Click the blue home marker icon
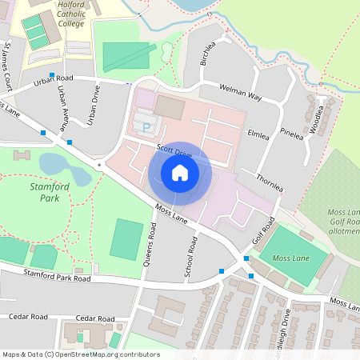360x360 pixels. click(x=180, y=173)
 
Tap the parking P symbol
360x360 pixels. click(x=146, y=126)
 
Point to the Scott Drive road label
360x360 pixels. click(x=174, y=152)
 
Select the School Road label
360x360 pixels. click(x=190, y=257)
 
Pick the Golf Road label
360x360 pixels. click(x=263, y=231)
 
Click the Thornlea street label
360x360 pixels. click(x=270, y=183)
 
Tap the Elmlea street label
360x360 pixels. click(x=259, y=134)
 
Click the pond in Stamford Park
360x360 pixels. click(x=61, y=166)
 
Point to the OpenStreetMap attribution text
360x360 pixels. click(x=81, y=354)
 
